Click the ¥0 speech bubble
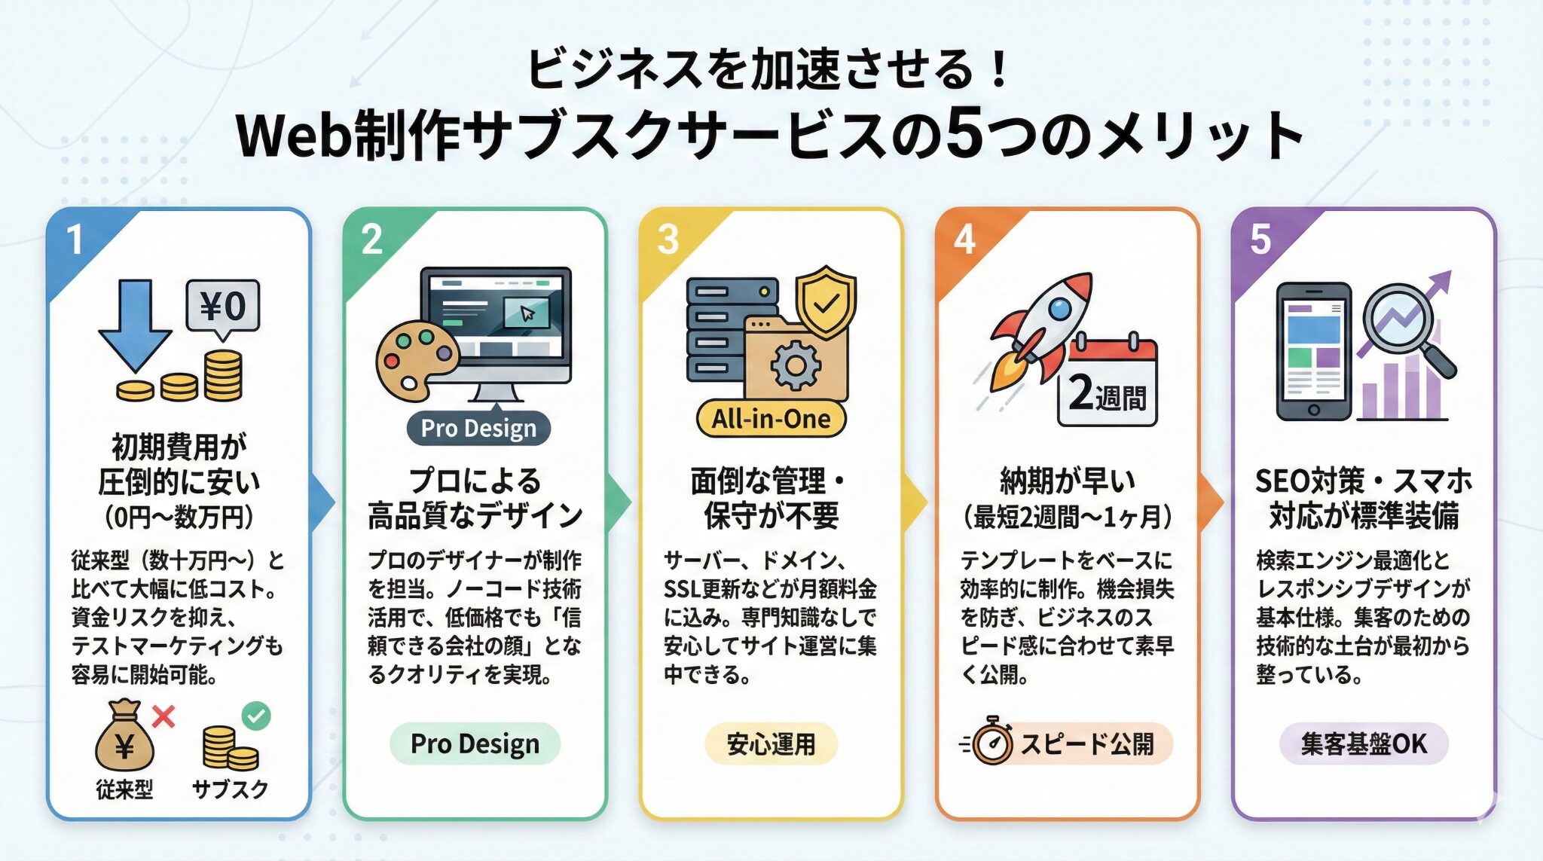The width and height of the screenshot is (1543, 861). click(x=222, y=309)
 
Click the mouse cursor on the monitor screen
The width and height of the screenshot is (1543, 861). click(x=527, y=313)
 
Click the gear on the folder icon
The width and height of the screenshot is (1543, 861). click(x=795, y=365)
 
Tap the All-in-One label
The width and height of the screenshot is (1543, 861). click(x=771, y=419)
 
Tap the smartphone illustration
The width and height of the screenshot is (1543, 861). click(x=1313, y=351)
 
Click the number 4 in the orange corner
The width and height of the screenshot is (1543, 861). click(x=965, y=240)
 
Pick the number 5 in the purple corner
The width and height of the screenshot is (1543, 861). click(x=1260, y=240)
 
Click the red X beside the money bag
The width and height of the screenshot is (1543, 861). click(x=163, y=716)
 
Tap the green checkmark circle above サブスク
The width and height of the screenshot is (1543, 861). click(x=256, y=715)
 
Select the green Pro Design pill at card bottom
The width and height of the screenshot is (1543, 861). click(x=475, y=743)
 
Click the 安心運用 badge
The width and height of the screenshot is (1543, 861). click(x=771, y=744)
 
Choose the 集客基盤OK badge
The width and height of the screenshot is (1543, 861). click(x=1364, y=744)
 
